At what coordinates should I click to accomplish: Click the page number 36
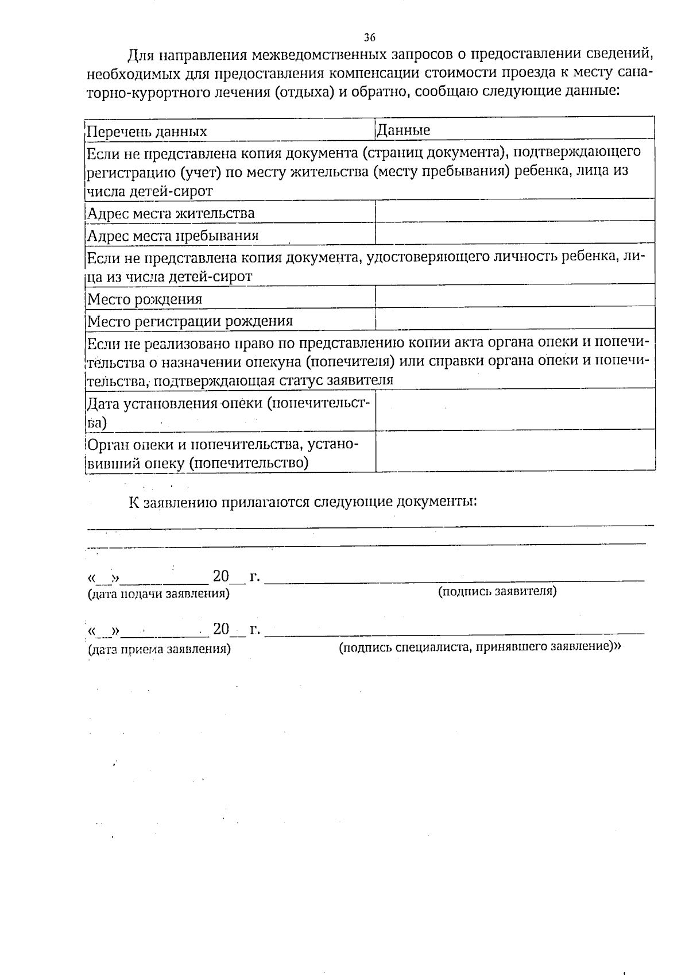370,38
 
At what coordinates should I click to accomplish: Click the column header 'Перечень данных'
146,132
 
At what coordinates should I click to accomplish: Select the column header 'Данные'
403,130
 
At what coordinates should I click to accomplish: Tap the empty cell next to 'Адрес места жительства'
514,211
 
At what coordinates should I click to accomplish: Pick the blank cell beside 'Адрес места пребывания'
514,233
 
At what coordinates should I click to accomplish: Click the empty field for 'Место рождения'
514,296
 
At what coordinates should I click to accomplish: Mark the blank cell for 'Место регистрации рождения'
514,318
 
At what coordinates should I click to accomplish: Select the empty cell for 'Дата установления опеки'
514,409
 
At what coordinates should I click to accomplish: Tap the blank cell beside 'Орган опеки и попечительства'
514,451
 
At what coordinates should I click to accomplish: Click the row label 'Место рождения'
145,299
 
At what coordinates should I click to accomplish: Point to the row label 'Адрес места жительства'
171,214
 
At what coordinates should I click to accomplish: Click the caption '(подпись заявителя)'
497,591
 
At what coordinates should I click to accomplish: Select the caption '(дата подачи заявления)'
158,594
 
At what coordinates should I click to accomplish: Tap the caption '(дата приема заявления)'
159,650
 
